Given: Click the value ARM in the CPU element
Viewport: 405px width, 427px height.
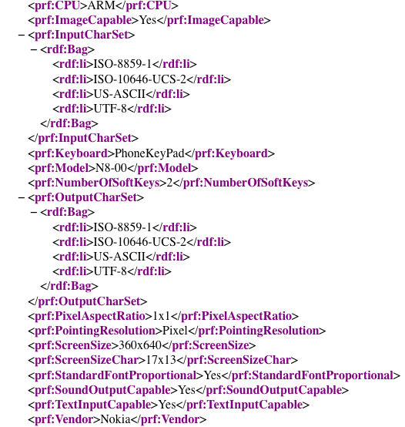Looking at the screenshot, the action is pos(102,5).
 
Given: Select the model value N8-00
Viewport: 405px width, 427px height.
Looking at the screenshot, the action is pos(111,168).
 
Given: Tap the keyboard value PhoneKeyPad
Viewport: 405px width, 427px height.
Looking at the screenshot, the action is pos(149,153).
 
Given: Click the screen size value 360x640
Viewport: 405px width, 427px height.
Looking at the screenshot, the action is pos(140,345).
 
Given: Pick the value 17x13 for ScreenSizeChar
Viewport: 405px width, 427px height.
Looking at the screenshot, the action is pos(161,360).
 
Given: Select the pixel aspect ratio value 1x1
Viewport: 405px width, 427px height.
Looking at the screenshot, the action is pos(162,316).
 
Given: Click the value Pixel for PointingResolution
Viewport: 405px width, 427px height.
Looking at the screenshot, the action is pos(175,331).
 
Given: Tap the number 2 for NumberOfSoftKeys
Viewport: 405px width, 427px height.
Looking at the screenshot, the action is pos(169,183).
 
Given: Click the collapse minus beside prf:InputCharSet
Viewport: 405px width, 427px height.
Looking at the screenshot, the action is pos(22,35).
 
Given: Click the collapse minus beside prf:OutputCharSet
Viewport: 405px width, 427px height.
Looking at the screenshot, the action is pos(22,197).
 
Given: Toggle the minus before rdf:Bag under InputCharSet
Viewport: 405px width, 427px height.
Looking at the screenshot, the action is pos(34,49).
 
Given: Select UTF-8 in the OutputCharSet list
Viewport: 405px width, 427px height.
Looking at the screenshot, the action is pos(110,271).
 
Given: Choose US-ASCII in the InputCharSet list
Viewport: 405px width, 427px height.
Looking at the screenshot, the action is pos(119,94).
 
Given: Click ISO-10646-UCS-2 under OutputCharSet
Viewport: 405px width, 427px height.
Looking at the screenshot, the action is pos(140,241).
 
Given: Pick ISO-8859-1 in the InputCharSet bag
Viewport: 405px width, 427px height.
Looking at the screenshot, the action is pos(122,64).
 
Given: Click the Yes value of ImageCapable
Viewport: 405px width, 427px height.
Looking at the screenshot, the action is pos(148,20).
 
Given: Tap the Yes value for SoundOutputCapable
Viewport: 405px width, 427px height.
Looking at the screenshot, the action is pos(187,390).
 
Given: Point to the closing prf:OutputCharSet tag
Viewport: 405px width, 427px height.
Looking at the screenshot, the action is pos(88,301).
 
